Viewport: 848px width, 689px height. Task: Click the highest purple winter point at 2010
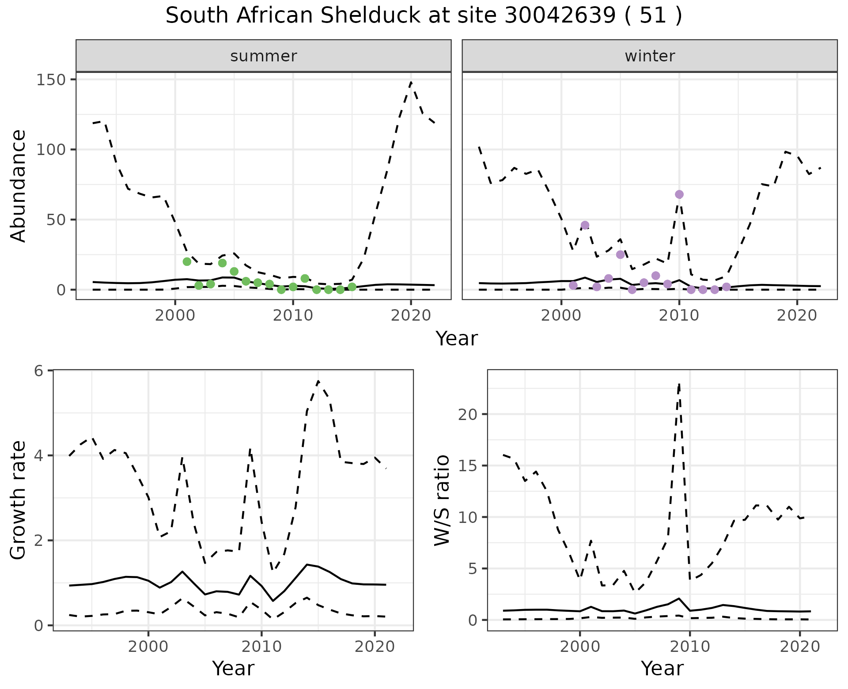pos(679,194)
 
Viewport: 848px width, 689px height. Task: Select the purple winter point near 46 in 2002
pos(585,225)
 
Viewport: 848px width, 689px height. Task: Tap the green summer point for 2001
pos(187,261)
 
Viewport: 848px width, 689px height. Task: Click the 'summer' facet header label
pos(264,56)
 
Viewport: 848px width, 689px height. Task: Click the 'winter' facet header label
pos(650,56)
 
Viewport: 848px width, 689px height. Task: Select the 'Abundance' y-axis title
pos(19,186)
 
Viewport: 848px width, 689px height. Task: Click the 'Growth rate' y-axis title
pos(19,500)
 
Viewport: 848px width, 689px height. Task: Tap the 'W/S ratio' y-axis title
pos(442,500)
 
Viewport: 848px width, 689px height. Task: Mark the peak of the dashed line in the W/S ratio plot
pos(679,384)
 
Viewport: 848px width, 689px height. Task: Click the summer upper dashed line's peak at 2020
pos(411,82)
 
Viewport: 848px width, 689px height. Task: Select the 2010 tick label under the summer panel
pos(293,316)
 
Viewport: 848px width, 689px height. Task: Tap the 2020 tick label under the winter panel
pos(797,316)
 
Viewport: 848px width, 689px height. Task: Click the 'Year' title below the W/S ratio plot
pos(662,668)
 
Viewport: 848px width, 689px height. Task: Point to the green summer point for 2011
pos(305,278)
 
